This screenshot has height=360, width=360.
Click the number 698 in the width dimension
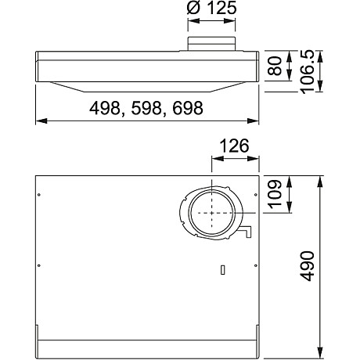tap(182, 108)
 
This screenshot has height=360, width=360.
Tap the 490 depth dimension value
tap(308, 267)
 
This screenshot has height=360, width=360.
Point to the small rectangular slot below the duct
tap(223, 270)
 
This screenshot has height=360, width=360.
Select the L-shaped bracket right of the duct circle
tap(247, 232)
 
